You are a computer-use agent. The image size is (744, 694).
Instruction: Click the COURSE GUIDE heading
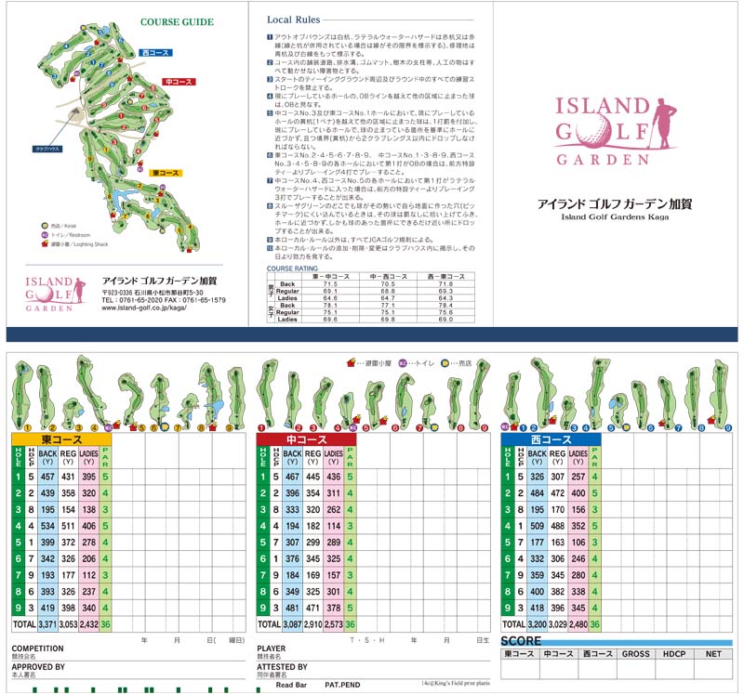[177, 22]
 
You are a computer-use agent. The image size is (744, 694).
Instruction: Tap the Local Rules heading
[294, 20]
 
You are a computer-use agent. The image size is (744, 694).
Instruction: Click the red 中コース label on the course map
[179, 82]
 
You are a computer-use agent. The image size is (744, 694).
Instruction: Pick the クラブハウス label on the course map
[47, 149]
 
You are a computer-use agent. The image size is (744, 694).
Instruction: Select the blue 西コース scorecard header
[550, 439]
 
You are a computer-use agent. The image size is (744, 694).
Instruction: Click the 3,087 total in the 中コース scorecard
[293, 624]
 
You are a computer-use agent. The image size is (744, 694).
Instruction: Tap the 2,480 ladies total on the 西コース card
[578, 624]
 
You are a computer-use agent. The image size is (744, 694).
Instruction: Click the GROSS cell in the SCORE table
[636, 654]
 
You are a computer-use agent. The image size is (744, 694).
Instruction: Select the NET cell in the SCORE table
[713, 654]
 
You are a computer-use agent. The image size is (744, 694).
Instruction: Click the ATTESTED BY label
[282, 667]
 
